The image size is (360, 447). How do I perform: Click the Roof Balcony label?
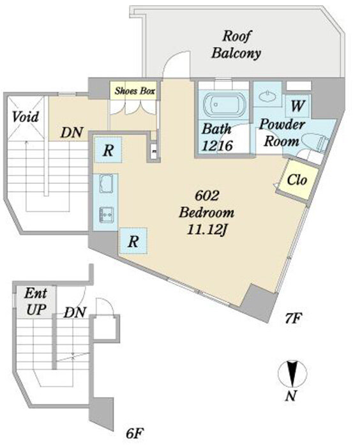(236, 45)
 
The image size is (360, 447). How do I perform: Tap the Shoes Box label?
(135, 91)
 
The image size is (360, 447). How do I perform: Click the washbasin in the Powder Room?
(267, 96)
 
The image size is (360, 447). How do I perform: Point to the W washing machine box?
(297, 106)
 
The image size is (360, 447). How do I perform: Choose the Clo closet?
(297, 180)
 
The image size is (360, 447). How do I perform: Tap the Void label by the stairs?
(25, 117)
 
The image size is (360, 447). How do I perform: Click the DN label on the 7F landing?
(72, 132)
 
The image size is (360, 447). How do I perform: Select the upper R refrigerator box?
(109, 150)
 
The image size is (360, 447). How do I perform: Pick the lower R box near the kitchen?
(133, 241)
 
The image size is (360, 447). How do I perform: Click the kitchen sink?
(107, 215)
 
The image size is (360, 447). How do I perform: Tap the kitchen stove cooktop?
(107, 183)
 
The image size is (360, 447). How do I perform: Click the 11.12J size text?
(206, 229)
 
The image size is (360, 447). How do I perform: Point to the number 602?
(207, 195)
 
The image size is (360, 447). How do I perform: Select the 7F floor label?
(293, 319)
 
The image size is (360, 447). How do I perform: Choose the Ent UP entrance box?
(36, 301)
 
